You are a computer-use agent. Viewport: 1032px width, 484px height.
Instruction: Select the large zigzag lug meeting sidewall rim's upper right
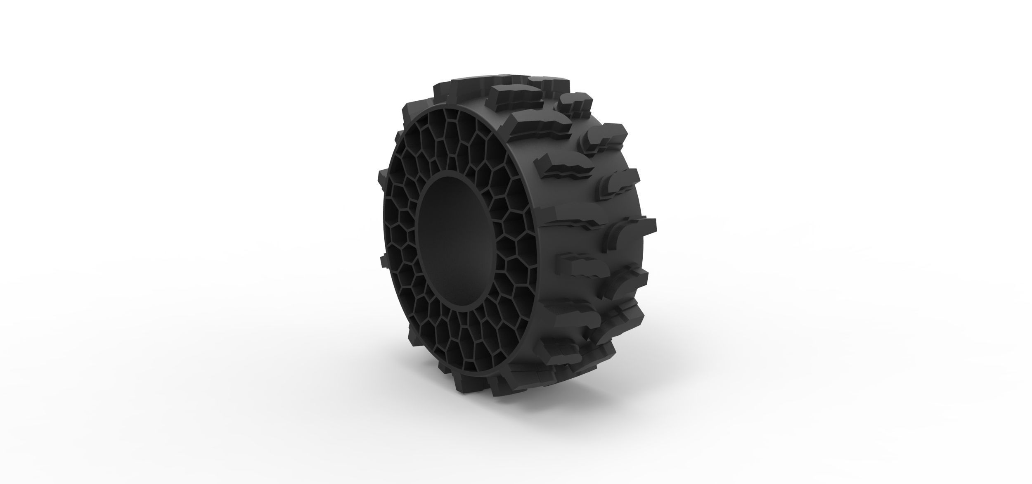(533, 126)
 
